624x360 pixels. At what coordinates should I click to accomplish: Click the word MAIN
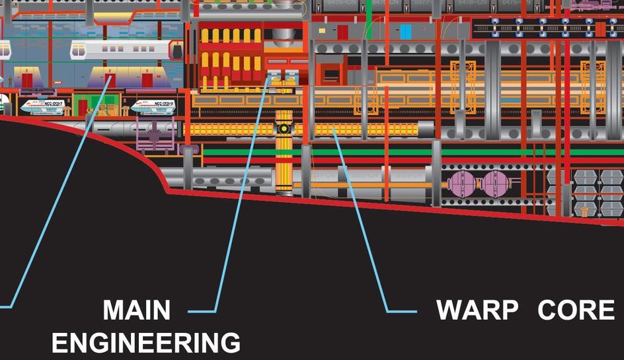(137, 310)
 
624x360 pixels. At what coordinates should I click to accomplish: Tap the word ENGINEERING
(146, 343)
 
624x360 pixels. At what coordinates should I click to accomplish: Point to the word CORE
(576, 310)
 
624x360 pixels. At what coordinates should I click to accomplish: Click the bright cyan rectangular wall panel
(405, 31)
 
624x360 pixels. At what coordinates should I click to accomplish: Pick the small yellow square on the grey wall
(321, 30)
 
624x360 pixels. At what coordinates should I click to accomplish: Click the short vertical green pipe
(369, 26)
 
